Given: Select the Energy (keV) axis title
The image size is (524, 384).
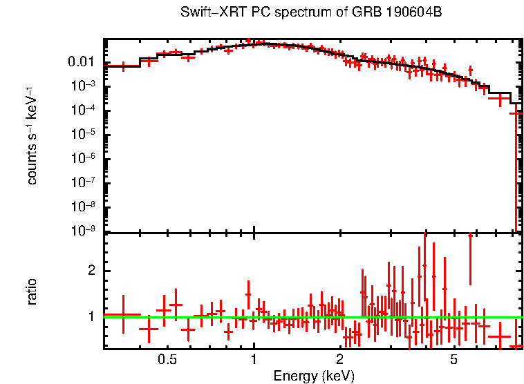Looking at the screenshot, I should (314, 376).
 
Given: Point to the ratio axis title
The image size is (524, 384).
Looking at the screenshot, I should (32, 291).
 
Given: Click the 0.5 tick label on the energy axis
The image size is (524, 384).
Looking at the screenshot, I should (167, 360).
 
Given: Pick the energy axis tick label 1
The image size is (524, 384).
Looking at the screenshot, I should (254, 360).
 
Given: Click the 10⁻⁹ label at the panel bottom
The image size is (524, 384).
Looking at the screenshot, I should (86, 231).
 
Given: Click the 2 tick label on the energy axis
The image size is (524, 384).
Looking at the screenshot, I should (339, 360).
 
